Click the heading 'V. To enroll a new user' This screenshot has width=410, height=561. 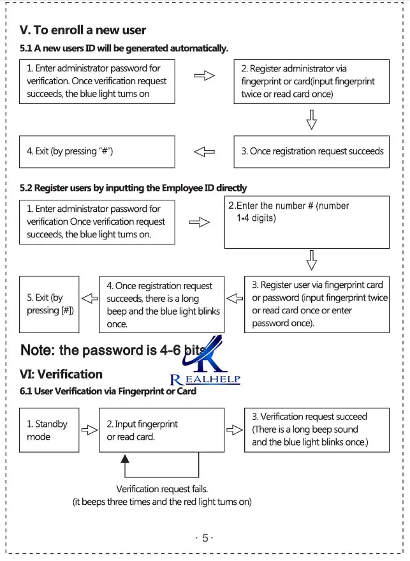(82, 30)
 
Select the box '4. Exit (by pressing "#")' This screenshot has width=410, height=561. (97, 152)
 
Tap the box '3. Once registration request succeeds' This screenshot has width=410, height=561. (312, 152)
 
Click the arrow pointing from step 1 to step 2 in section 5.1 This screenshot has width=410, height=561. (205, 75)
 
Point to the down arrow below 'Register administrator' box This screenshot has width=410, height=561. (312, 119)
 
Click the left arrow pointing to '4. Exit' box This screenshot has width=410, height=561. (205, 152)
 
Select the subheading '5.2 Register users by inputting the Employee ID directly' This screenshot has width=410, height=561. (133, 188)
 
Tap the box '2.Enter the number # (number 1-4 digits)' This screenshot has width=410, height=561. (307, 222)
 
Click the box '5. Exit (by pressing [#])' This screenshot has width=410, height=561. (49, 304)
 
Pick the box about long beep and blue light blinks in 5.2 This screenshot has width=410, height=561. (161, 304)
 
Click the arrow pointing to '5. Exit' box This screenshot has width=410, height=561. (90, 298)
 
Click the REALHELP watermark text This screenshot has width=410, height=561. (205, 379)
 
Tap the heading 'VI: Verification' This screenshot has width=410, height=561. (61, 374)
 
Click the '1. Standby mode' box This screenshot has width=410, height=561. (49, 430)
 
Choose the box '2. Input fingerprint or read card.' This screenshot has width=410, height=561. (161, 430)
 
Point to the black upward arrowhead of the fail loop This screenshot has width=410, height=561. (125, 459)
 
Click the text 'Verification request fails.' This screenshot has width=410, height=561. (162, 489)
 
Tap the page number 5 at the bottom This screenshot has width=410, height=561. (205, 538)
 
